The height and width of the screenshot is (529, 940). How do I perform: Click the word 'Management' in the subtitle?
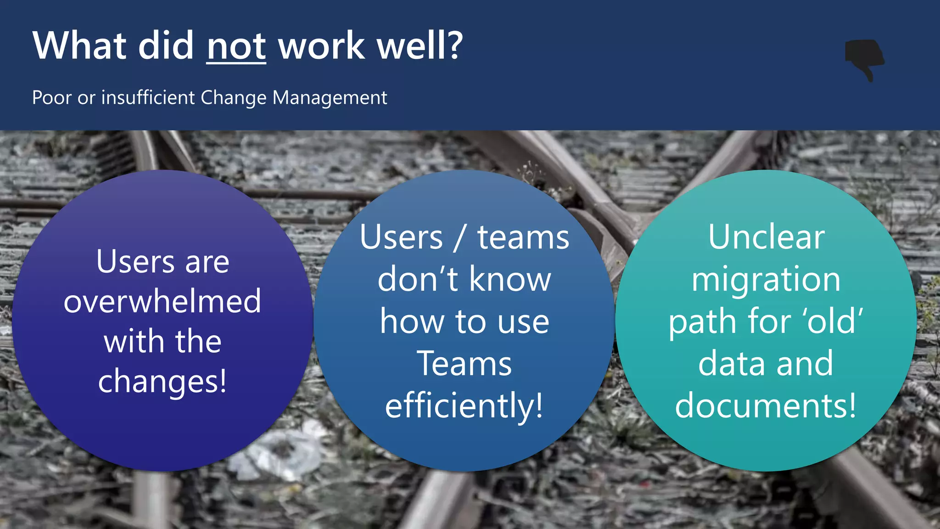(x=330, y=97)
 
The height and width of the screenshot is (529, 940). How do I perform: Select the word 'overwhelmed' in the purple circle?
(x=162, y=301)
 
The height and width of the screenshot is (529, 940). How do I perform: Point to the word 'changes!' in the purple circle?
(x=162, y=381)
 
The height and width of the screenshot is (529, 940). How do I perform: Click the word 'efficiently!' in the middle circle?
(x=464, y=406)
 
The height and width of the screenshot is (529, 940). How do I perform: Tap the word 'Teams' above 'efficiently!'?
(x=464, y=364)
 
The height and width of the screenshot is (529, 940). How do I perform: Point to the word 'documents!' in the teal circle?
(x=766, y=406)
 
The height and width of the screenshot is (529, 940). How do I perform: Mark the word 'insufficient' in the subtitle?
(x=148, y=97)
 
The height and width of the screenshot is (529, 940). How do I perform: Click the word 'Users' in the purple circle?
(x=135, y=262)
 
